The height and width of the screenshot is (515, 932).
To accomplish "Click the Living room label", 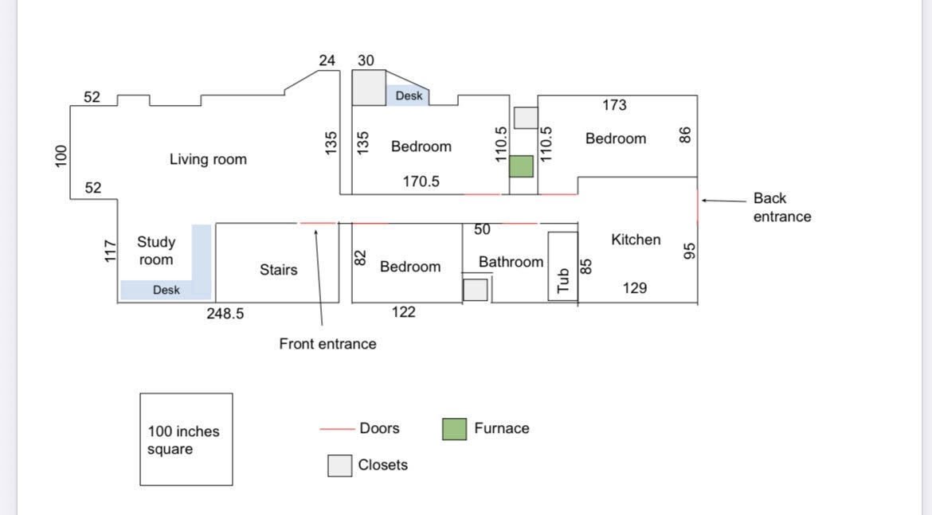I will point(208,159).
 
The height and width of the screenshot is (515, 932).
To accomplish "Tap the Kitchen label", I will point(635,240).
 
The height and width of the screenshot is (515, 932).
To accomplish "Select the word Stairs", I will point(278,270).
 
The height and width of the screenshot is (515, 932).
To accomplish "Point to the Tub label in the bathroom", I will point(563,280).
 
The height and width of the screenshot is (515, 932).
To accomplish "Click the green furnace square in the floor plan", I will point(521,166).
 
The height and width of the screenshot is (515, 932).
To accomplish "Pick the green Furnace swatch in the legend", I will point(454,429).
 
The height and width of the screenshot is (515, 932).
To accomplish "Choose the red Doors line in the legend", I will point(337,429).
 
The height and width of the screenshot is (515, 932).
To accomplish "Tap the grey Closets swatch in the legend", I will point(339,466).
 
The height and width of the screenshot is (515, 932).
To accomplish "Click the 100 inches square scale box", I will point(186,439).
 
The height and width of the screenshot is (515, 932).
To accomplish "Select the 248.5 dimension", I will point(225,314).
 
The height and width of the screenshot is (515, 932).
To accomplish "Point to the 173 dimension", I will point(614,105).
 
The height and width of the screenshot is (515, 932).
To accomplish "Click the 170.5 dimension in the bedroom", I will point(421,181).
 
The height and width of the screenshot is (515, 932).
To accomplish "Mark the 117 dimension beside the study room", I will point(111,252).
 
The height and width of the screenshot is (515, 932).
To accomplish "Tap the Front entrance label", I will point(327,344).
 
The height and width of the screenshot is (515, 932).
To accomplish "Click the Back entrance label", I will point(781,207).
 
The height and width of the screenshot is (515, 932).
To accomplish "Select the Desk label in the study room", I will point(166,291).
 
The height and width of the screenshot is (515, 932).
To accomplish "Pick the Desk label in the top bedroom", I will point(409,96).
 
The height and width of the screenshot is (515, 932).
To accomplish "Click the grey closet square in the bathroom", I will point(475,290).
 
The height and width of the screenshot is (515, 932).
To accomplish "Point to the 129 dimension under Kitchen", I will point(634,288).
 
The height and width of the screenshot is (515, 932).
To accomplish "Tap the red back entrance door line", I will point(698,206).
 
